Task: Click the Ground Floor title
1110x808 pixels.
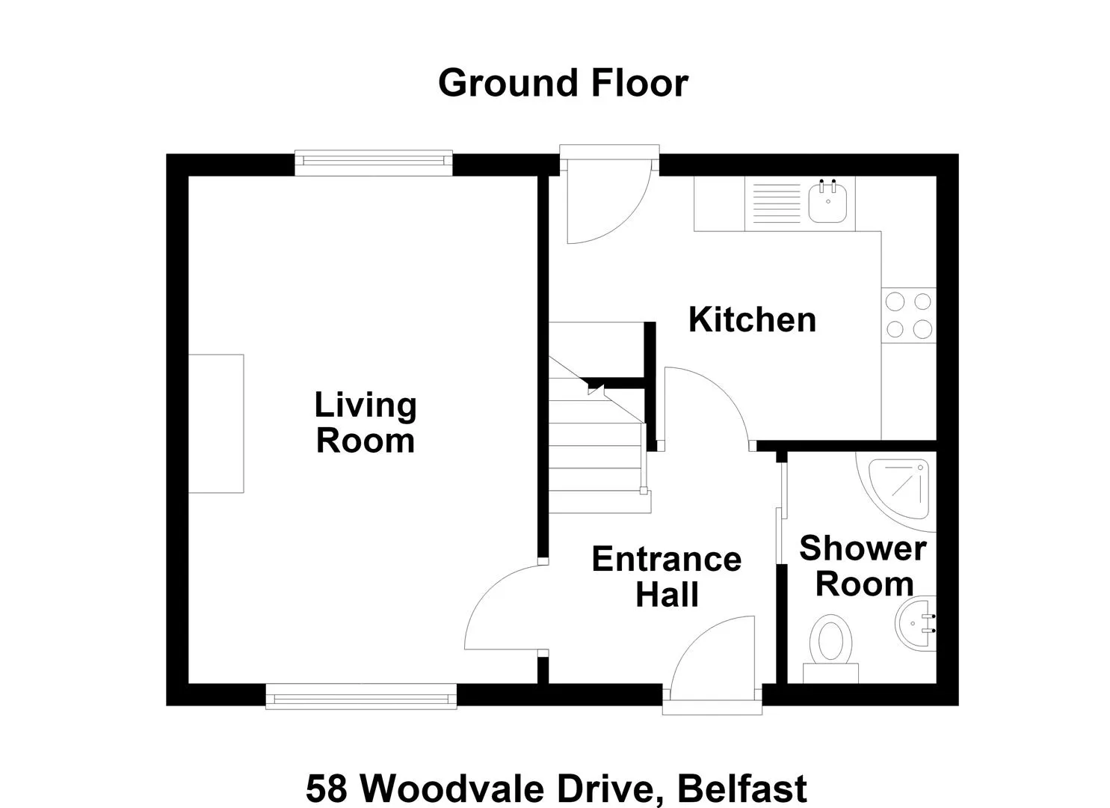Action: [564, 83]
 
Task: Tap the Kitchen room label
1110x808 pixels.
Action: [752, 319]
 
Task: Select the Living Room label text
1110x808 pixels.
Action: [366, 423]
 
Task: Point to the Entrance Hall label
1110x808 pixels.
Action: [667, 577]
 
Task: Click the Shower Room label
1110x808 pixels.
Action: [863, 566]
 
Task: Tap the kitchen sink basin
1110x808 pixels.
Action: [827, 203]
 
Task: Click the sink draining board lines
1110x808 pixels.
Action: [777, 203]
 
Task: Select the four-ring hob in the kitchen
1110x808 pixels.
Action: [909, 316]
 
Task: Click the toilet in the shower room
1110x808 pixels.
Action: [830, 649]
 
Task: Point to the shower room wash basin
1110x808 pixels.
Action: [916, 623]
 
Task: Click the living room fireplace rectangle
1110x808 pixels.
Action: [216, 423]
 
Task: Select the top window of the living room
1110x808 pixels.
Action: [374, 162]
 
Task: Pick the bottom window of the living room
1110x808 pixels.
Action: [361, 697]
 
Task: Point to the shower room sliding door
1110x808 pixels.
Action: [781, 513]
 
